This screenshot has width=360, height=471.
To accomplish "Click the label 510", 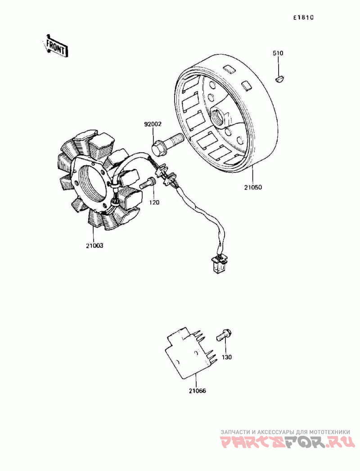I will click(x=278, y=54).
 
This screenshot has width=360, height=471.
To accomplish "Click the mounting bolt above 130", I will click(x=224, y=335).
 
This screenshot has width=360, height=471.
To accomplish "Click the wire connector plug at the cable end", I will click(x=219, y=263).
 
